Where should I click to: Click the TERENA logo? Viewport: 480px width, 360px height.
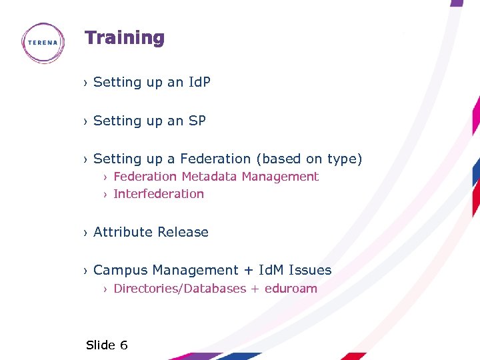[x=43, y=43]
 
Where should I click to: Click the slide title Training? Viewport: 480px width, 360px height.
[x=124, y=38]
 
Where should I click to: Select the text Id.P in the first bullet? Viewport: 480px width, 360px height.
[x=199, y=82]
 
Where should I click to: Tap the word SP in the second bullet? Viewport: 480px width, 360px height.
[x=197, y=121]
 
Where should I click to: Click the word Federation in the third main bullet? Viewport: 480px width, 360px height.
[x=215, y=159]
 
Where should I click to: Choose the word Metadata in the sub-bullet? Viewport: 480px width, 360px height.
[x=209, y=177]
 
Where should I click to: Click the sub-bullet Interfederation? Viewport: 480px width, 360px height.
[x=159, y=194]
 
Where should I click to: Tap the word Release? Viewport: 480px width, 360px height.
[x=183, y=232]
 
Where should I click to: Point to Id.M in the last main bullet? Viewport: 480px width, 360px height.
[x=271, y=270]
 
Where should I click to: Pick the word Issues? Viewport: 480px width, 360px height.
[x=311, y=270]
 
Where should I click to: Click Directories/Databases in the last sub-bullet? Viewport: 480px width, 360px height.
[x=179, y=289]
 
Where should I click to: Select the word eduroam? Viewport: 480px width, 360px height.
[x=291, y=289]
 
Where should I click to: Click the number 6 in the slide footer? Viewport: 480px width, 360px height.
[x=123, y=345]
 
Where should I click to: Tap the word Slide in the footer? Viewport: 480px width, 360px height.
[x=101, y=345]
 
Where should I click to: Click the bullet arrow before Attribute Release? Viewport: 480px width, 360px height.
[x=85, y=233]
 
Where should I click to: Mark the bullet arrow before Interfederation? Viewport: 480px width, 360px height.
[x=105, y=195]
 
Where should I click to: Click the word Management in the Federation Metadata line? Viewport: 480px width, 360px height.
[x=280, y=177]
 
